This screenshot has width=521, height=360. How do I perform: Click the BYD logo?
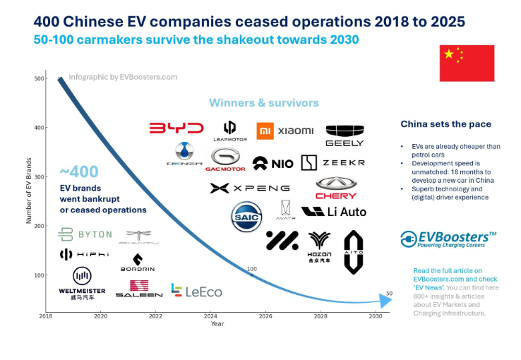pos(176,128)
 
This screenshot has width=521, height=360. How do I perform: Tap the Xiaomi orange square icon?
pos(264,130)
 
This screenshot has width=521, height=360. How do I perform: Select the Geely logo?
pos(345,135)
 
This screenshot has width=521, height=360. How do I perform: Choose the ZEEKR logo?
pos(333,163)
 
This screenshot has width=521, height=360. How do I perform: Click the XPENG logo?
pos(250,188)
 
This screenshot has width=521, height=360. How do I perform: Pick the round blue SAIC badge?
pos(247,217)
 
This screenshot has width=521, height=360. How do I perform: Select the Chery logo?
pos(336,187)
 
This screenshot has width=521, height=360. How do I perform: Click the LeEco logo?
pos(197,290)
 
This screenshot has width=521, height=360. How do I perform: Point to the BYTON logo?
pos(85,234)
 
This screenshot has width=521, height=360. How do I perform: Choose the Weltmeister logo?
pos(82,283)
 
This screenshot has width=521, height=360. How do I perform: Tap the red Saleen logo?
pos(139,289)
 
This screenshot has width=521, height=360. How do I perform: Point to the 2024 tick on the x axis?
pos(210,316)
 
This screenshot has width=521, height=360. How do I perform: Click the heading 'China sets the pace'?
pos(445,124)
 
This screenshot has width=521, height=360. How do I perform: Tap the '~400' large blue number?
pos(79,172)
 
